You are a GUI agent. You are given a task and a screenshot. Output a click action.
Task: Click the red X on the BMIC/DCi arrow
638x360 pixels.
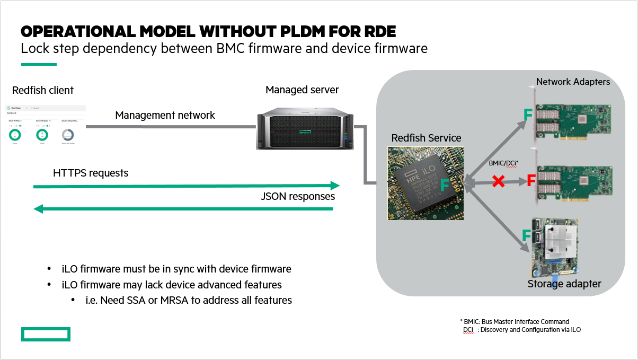pyautogui.click(x=498, y=181)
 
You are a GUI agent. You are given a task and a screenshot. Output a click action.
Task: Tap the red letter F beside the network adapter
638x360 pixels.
pyautogui.click(x=531, y=180)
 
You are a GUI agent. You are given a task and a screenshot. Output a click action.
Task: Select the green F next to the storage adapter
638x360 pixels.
pyautogui.click(x=527, y=235)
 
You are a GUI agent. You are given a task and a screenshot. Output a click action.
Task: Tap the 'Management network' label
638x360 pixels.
pyautogui.click(x=165, y=115)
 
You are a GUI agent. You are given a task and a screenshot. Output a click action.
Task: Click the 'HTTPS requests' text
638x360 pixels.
pyautogui.click(x=91, y=173)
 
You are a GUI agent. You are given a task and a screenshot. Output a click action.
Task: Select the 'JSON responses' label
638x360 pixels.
pyautogui.click(x=298, y=196)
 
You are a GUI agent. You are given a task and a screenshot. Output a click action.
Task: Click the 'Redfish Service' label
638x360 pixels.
pyautogui.click(x=426, y=138)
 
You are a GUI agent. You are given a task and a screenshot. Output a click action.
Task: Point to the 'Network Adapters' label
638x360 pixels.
pyautogui.click(x=573, y=82)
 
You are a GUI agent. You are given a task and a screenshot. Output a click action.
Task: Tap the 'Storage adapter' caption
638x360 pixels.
pyautogui.click(x=564, y=284)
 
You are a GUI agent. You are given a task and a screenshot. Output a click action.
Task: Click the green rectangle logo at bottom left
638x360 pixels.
pyautogui.click(x=46, y=334)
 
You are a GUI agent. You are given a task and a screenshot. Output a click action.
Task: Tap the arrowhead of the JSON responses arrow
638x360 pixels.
pyautogui.click(x=38, y=209)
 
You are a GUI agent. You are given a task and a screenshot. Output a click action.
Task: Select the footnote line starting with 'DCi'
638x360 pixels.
pyautogui.click(x=521, y=330)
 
